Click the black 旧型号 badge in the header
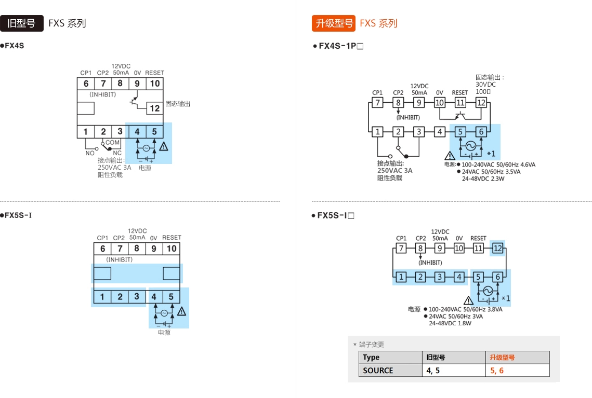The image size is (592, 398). click(x=22, y=23)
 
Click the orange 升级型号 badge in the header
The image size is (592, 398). click(x=334, y=23)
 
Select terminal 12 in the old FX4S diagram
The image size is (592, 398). click(x=154, y=108)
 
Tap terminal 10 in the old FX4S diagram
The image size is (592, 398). click(x=154, y=84)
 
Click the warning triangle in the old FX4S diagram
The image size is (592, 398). click(x=164, y=147)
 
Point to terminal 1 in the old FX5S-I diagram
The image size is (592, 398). click(x=102, y=297)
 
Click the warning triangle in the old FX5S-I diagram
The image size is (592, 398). click(x=181, y=311)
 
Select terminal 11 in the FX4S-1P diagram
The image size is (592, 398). click(x=460, y=103)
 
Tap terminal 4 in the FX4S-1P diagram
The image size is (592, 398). click(x=440, y=132)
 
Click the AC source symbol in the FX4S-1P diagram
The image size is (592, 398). click(x=470, y=146)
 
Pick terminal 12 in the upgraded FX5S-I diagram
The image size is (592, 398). click(x=497, y=249)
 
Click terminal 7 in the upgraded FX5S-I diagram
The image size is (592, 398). click(x=401, y=249)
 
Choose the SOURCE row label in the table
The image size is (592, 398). click(x=378, y=370)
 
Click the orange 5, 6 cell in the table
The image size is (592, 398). click(x=497, y=370)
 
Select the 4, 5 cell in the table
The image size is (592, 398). click(x=433, y=370)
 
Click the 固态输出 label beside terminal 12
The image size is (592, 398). click(x=178, y=104)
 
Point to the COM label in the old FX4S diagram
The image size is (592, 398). click(x=113, y=142)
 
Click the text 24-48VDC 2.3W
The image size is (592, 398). click(x=483, y=179)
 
